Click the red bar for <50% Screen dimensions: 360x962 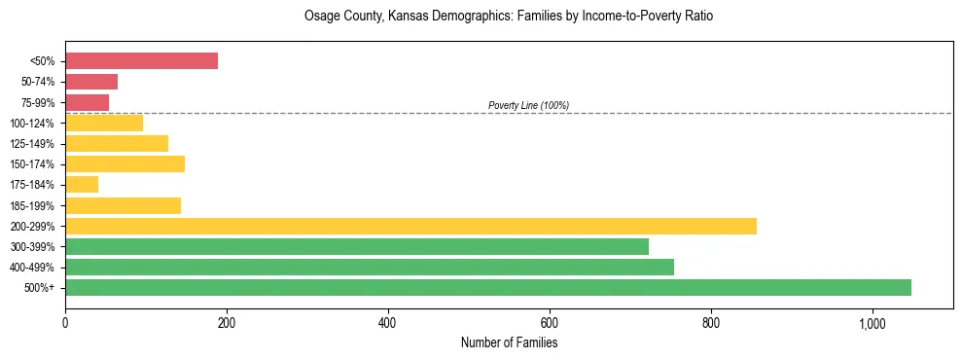[141, 61]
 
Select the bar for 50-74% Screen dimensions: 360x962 [91, 82]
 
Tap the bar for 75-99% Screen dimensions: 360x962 [87, 102]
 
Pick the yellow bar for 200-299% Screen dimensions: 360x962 [410, 226]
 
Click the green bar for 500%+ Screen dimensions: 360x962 [488, 287]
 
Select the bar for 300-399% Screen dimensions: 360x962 [357, 246]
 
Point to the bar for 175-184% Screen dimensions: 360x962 [82, 185]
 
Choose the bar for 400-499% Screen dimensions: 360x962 [370, 267]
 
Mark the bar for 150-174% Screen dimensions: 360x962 [125, 163]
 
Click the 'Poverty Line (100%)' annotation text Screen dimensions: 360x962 [528, 105]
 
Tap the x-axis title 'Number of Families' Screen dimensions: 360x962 [509, 342]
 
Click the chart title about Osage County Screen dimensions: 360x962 [509, 17]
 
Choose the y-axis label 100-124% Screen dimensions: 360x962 [32, 124]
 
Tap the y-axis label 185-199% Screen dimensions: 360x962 [32, 205]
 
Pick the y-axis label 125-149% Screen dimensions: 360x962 [32, 144]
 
